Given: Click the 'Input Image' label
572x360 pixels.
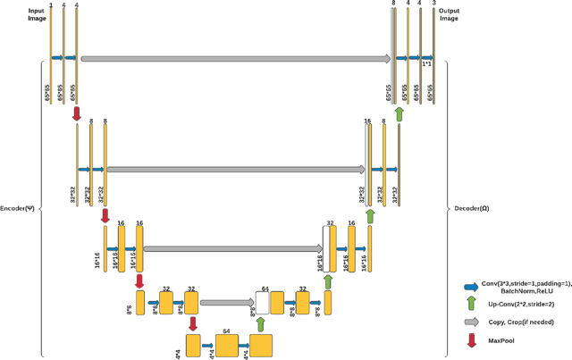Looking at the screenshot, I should coord(37,13).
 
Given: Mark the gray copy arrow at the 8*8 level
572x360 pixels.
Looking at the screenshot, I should coord(227,303).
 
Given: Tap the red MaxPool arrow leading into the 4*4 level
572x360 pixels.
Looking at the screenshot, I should coord(193,323).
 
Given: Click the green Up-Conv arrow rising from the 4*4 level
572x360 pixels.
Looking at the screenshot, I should coord(261,323).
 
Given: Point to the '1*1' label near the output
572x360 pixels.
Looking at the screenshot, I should coord(426,64).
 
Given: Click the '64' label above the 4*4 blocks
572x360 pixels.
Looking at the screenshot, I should coord(227,331).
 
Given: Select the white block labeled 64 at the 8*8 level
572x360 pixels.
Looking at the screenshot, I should coord(263,302).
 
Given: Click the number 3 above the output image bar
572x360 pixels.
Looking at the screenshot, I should coord(434,4).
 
